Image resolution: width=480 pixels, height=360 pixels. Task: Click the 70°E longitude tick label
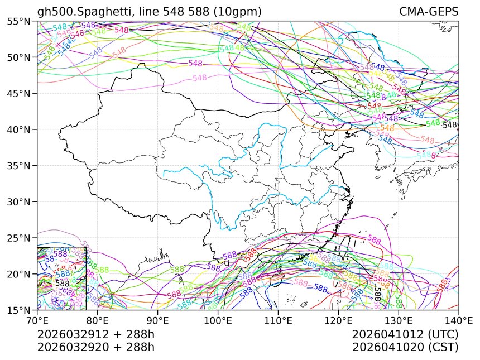37,321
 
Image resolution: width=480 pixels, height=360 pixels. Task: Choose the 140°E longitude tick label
458,321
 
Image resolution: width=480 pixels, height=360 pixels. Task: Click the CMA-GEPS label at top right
429,12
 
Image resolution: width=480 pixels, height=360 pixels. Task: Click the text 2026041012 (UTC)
405,335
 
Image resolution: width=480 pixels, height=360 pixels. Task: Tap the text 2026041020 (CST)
405,347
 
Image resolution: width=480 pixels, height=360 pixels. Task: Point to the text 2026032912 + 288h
95,335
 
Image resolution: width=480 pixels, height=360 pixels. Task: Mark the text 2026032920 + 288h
95,347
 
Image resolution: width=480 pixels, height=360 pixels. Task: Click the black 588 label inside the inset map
63,284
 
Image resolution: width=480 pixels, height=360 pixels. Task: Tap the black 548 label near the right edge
449,125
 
